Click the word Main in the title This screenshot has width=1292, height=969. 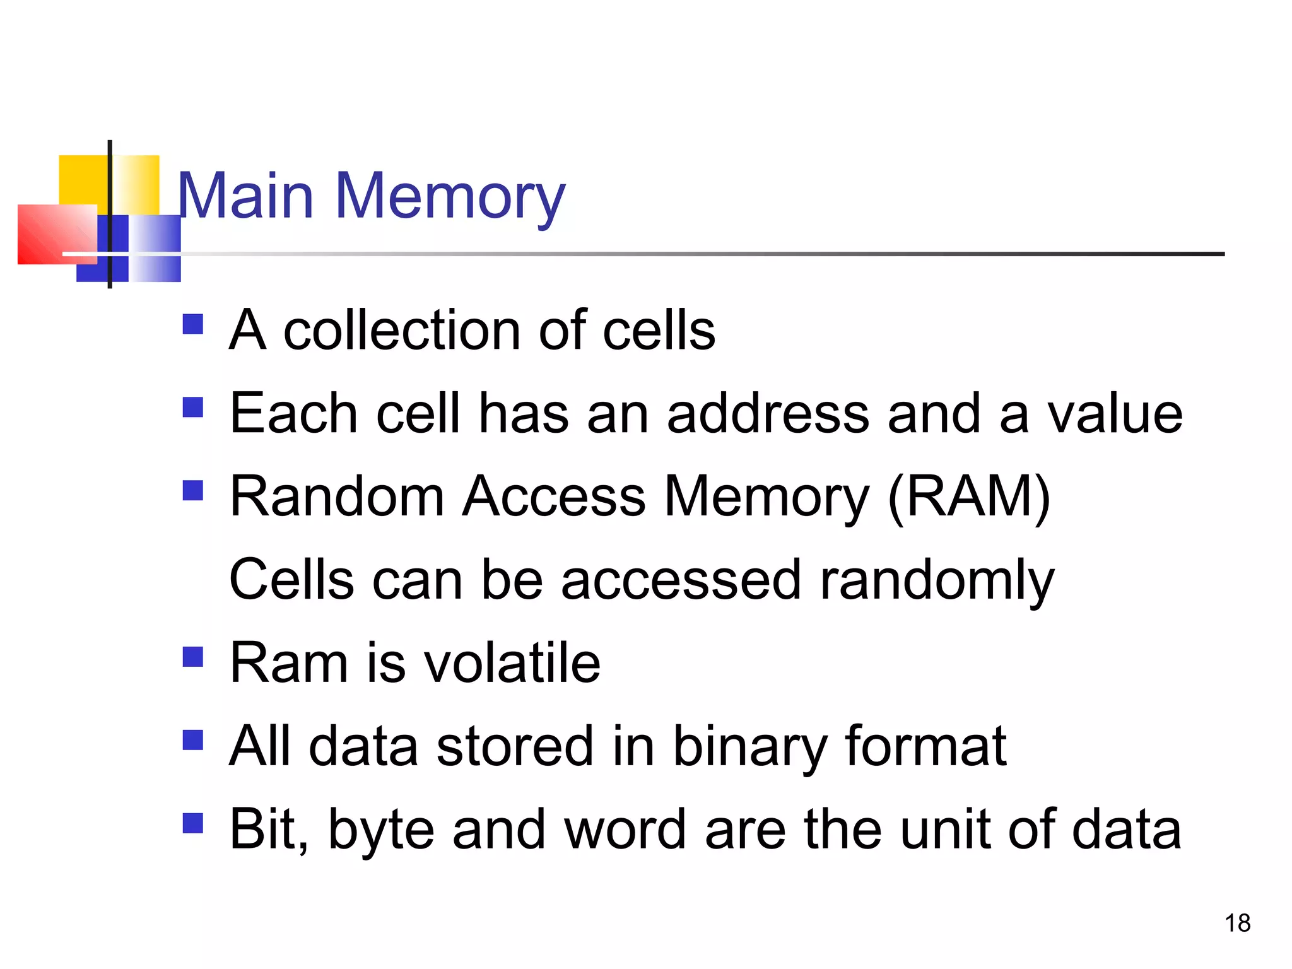tap(245, 197)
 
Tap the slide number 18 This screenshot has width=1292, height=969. tap(1237, 923)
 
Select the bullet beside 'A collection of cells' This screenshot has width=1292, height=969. tap(192, 324)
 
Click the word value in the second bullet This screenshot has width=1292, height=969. tap(1115, 414)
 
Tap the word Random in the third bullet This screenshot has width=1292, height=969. tap(337, 497)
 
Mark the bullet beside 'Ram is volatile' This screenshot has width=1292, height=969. tap(192, 657)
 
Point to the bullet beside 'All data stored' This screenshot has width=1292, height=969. tap(192, 740)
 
